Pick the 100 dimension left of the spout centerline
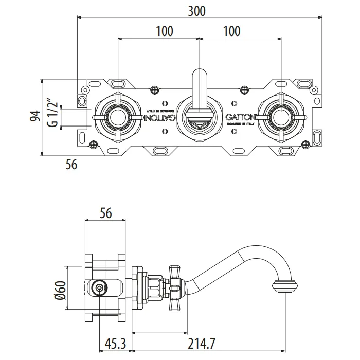(164, 31)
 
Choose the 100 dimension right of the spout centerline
(232, 31)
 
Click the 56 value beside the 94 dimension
(71, 165)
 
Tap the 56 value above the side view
(105, 212)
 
